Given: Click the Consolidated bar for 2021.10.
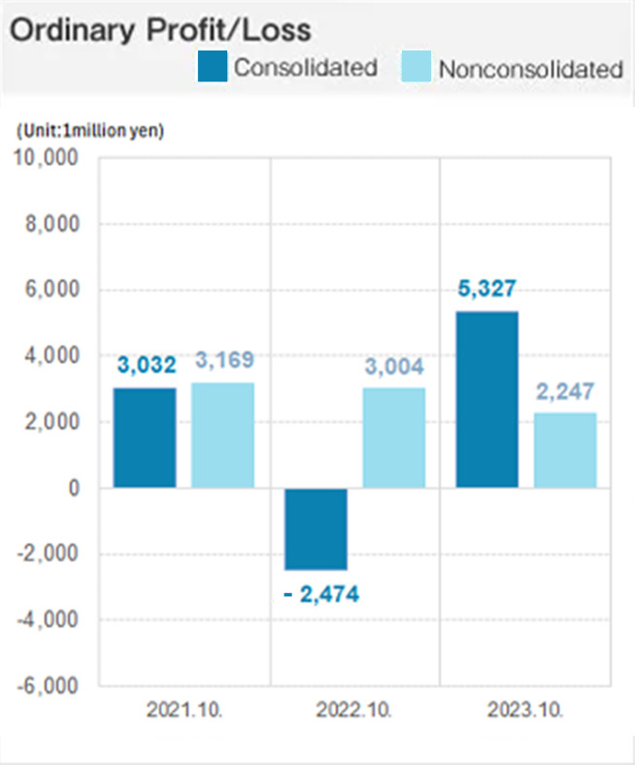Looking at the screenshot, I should click(145, 438).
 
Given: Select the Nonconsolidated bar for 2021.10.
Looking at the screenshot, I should click(222, 435).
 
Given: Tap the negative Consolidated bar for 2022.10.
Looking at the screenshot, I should click(316, 528).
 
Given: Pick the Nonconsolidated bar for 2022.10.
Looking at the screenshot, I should click(393, 438).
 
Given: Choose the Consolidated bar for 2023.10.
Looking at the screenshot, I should click(486, 399).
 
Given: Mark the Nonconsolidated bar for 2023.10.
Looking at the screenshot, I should click(564, 450).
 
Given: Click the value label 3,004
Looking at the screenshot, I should click(393, 367).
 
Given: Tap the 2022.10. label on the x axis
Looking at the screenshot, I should click(354, 710).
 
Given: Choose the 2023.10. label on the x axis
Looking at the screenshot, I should click(525, 710).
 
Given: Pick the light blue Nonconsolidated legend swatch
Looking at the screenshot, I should click(415, 67).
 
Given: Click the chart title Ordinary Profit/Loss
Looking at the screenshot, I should click(160, 29).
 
